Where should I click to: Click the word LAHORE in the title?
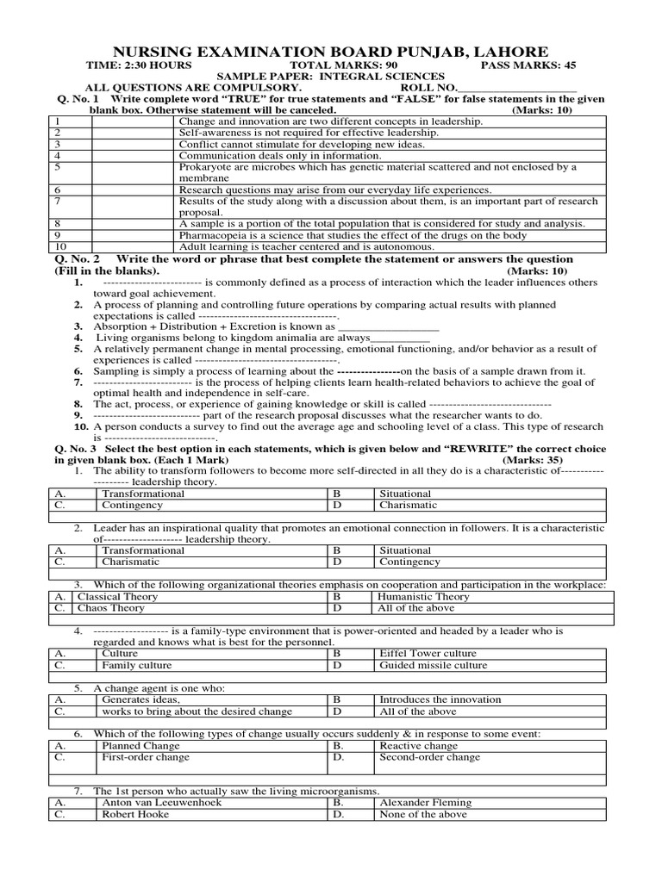click(x=500, y=52)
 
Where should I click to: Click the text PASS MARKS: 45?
click(x=528, y=65)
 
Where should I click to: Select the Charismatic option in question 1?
click(x=408, y=506)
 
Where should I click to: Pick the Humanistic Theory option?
click(x=424, y=597)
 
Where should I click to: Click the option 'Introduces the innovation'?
click(x=440, y=700)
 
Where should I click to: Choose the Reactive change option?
click(x=418, y=746)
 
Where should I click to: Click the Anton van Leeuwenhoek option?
click(x=161, y=803)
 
